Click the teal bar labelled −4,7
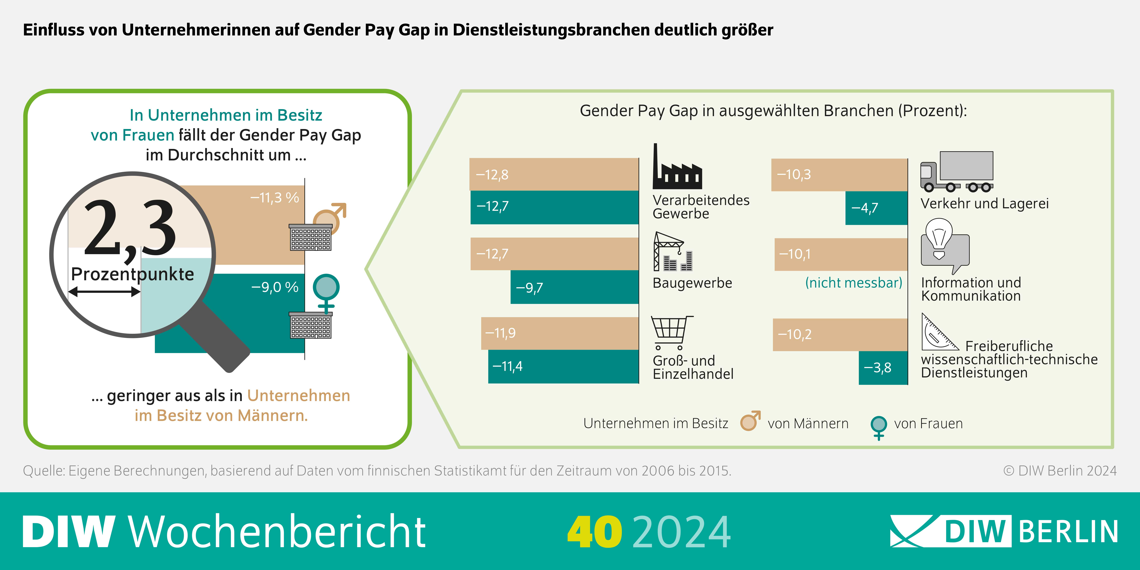(x=876, y=208)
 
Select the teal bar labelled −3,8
(x=883, y=368)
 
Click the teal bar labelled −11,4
(x=563, y=366)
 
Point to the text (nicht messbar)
(x=853, y=283)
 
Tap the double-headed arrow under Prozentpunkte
(x=104, y=292)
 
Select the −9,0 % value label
(x=275, y=287)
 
